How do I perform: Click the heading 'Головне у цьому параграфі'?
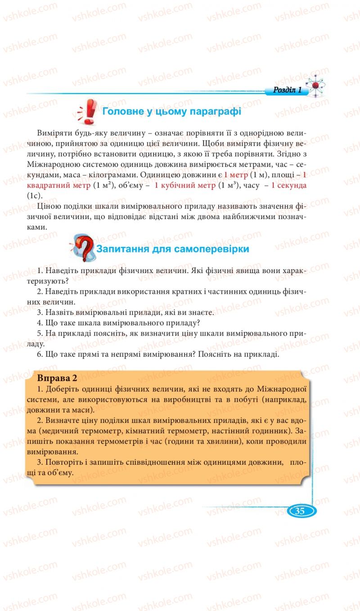pyautogui.click(x=171, y=112)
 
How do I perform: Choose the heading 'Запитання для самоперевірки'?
pyautogui.click(x=173, y=249)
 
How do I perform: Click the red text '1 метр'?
pyautogui.click(x=235, y=175)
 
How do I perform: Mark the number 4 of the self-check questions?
pyautogui.click(x=40, y=323)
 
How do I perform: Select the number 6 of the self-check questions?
pyautogui.click(x=40, y=354)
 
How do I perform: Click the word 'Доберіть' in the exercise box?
pyautogui.click(x=61, y=388)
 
